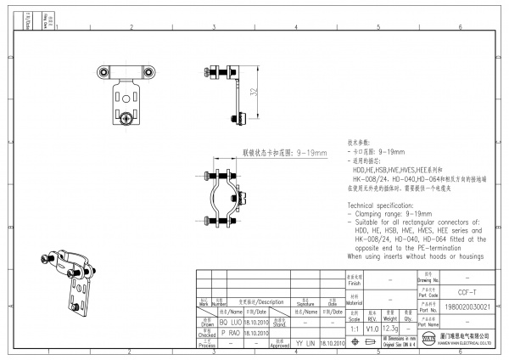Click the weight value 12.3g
pos(391,328)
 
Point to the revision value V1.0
pos(372,328)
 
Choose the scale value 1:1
pos(354,328)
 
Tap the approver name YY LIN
pos(305,343)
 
